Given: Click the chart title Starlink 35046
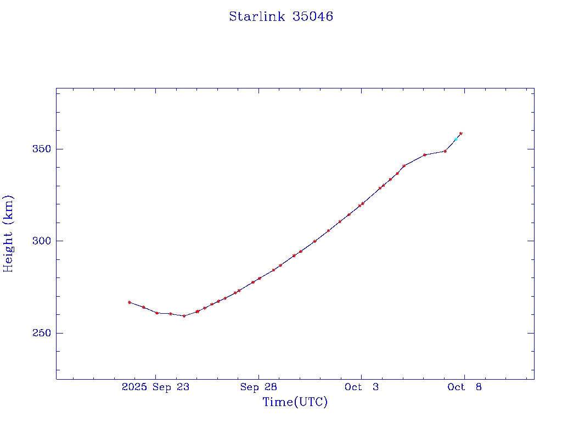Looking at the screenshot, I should click(x=281, y=16).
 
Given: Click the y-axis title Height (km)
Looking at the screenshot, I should click(x=8, y=234).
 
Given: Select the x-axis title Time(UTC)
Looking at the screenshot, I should click(x=295, y=402).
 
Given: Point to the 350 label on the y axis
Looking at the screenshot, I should click(x=40, y=149).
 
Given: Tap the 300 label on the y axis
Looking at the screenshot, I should click(x=40, y=241).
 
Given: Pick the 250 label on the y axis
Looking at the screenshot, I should click(x=40, y=334).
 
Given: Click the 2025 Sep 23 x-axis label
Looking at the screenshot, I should click(x=155, y=387).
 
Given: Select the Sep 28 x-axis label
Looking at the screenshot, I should click(x=258, y=387).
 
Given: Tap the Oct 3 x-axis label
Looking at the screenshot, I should click(x=361, y=387).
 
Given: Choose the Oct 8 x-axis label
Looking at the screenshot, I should click(x=464, y=387).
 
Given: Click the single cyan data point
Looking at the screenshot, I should click(x=456, y=140).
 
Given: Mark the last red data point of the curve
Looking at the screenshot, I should click(x=460, y=134).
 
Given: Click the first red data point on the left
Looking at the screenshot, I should click(x=130, y=302).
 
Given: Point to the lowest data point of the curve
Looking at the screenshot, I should click(x=184, y=316).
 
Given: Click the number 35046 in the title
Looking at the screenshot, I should click(x=313, y=16).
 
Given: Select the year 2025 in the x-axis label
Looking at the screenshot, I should click(x=134, y=387).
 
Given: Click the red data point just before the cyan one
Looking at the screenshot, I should click(x=445, y=151).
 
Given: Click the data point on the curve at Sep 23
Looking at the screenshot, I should click(x=157, y=313).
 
